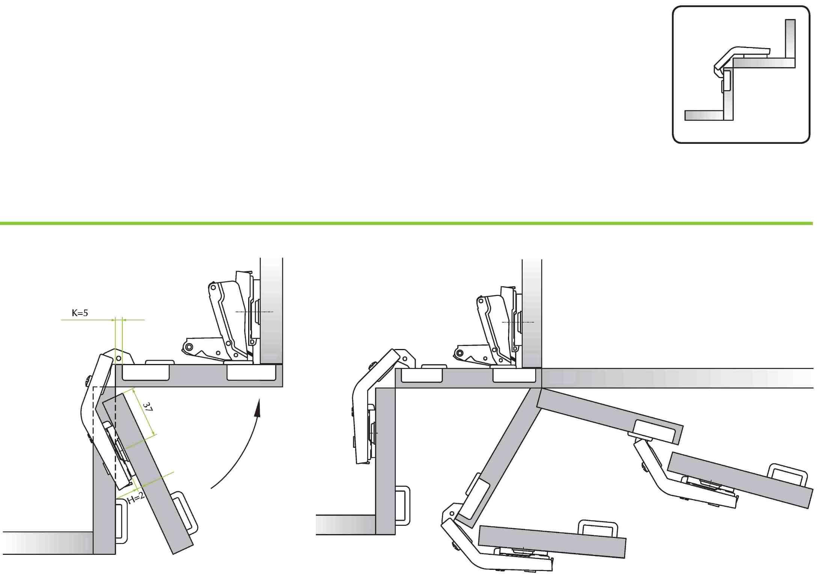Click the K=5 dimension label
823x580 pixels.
[80, 313]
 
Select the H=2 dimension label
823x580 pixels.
[136, 498]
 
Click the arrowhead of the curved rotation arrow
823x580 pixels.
[257, 408]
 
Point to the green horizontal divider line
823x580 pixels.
[406, 224]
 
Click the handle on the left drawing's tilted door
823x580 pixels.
[185, 512]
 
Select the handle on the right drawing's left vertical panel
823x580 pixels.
[402, 506]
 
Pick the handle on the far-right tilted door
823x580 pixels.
[788, 476]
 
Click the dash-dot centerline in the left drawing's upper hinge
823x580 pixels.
[254, 312]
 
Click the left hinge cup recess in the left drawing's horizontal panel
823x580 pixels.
[146, 372]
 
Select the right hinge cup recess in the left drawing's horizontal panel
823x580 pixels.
[252, 372]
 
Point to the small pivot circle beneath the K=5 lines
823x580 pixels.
[119, 359]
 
